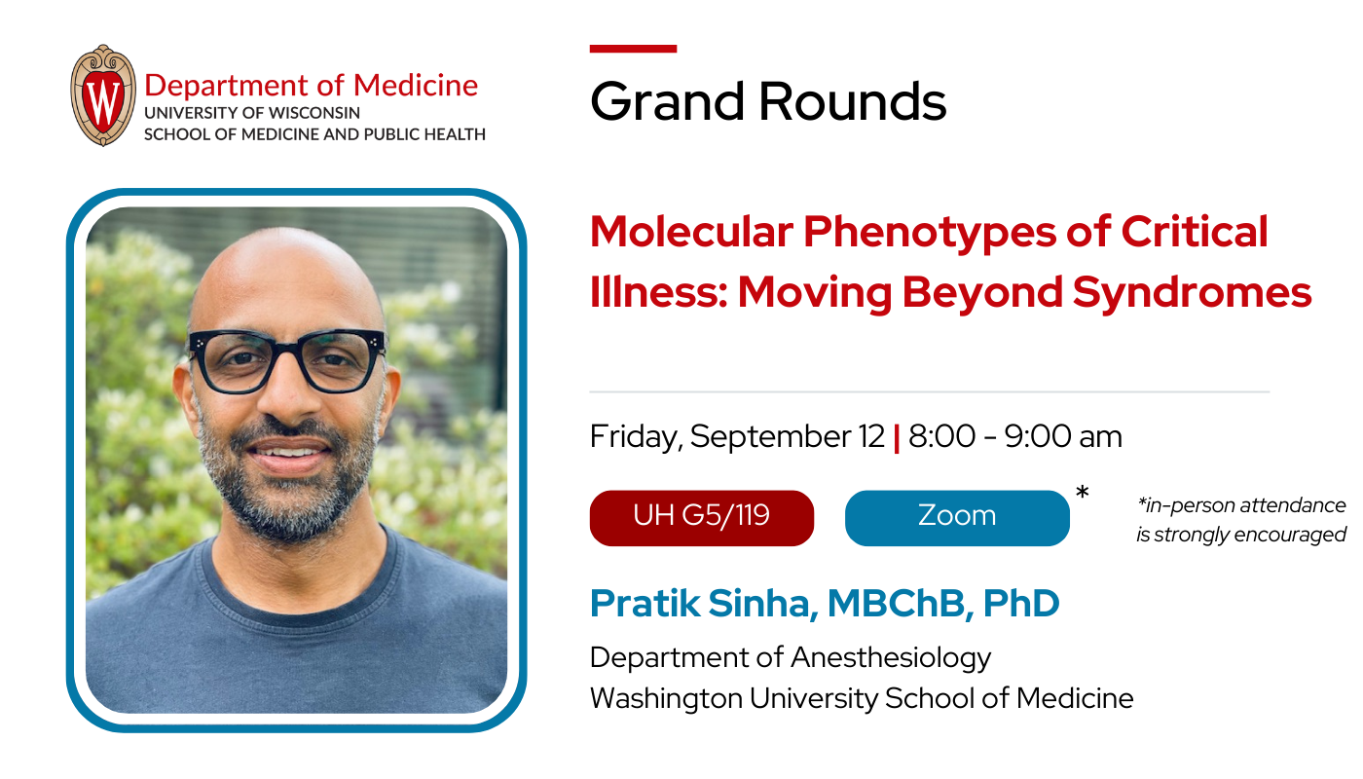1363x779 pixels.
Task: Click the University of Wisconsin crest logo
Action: tap(103, 95)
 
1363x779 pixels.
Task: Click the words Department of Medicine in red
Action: tap(311, 85)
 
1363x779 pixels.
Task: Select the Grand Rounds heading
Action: tap(767, 101)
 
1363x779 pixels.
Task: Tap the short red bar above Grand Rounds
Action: tap(633, 48)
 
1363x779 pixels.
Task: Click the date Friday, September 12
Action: tap(737, 437)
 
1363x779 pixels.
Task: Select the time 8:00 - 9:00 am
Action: tap(1014, 437)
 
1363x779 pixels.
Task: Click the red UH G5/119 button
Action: tap(701, 517)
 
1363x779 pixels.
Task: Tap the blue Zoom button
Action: tap(956, 517)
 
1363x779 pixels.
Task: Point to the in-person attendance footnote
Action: tap(1240, 520)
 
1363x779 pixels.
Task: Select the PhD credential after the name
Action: tap(1020, 604)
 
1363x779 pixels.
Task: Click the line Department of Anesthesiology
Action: tap(790, 657)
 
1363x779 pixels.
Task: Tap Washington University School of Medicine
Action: tap(861, 698)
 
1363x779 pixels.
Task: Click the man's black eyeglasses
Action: tap(286, 359)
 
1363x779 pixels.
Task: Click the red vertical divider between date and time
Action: tap(896, 438)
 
